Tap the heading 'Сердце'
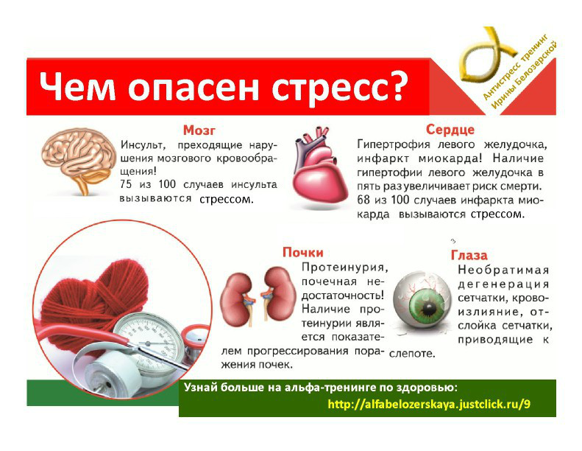[449, 129]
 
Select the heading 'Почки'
[303, 253]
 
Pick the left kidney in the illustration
[236, 292]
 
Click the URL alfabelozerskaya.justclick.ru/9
[429, 405]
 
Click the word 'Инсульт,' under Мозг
[144, 144]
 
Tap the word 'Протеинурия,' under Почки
[344, 267]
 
